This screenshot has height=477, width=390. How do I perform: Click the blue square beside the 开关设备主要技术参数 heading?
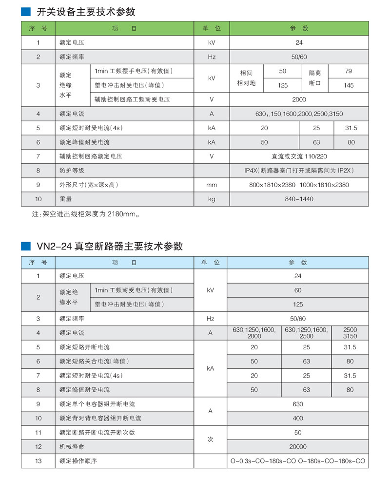[x=25, y=12]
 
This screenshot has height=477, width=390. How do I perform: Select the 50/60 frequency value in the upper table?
[x=299, y=57]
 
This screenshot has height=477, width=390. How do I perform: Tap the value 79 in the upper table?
[x=348, y=71]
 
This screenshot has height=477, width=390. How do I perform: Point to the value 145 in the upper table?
[x=348, y=85]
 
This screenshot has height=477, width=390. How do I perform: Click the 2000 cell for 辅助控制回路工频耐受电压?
[x=299, y=99]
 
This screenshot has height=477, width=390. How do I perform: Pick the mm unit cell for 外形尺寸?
[x=211, y=185]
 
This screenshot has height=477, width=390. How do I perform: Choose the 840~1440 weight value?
[x=299, y=199]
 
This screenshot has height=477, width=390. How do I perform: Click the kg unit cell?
[x=211, y=199]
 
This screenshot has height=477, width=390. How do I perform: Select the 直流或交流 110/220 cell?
[x=299, y=156]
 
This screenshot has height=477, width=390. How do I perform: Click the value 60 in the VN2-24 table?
[x=298, y=290]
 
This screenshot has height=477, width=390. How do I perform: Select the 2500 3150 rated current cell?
[x=350, y=333]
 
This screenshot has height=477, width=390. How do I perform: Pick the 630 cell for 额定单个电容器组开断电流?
[x=298, y=404]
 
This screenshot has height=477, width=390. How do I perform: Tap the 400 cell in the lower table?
[x=298, y=418]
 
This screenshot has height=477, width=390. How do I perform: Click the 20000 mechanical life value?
[x=298, y=446]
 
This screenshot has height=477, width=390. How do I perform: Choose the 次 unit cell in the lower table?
[x=211, y=439]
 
